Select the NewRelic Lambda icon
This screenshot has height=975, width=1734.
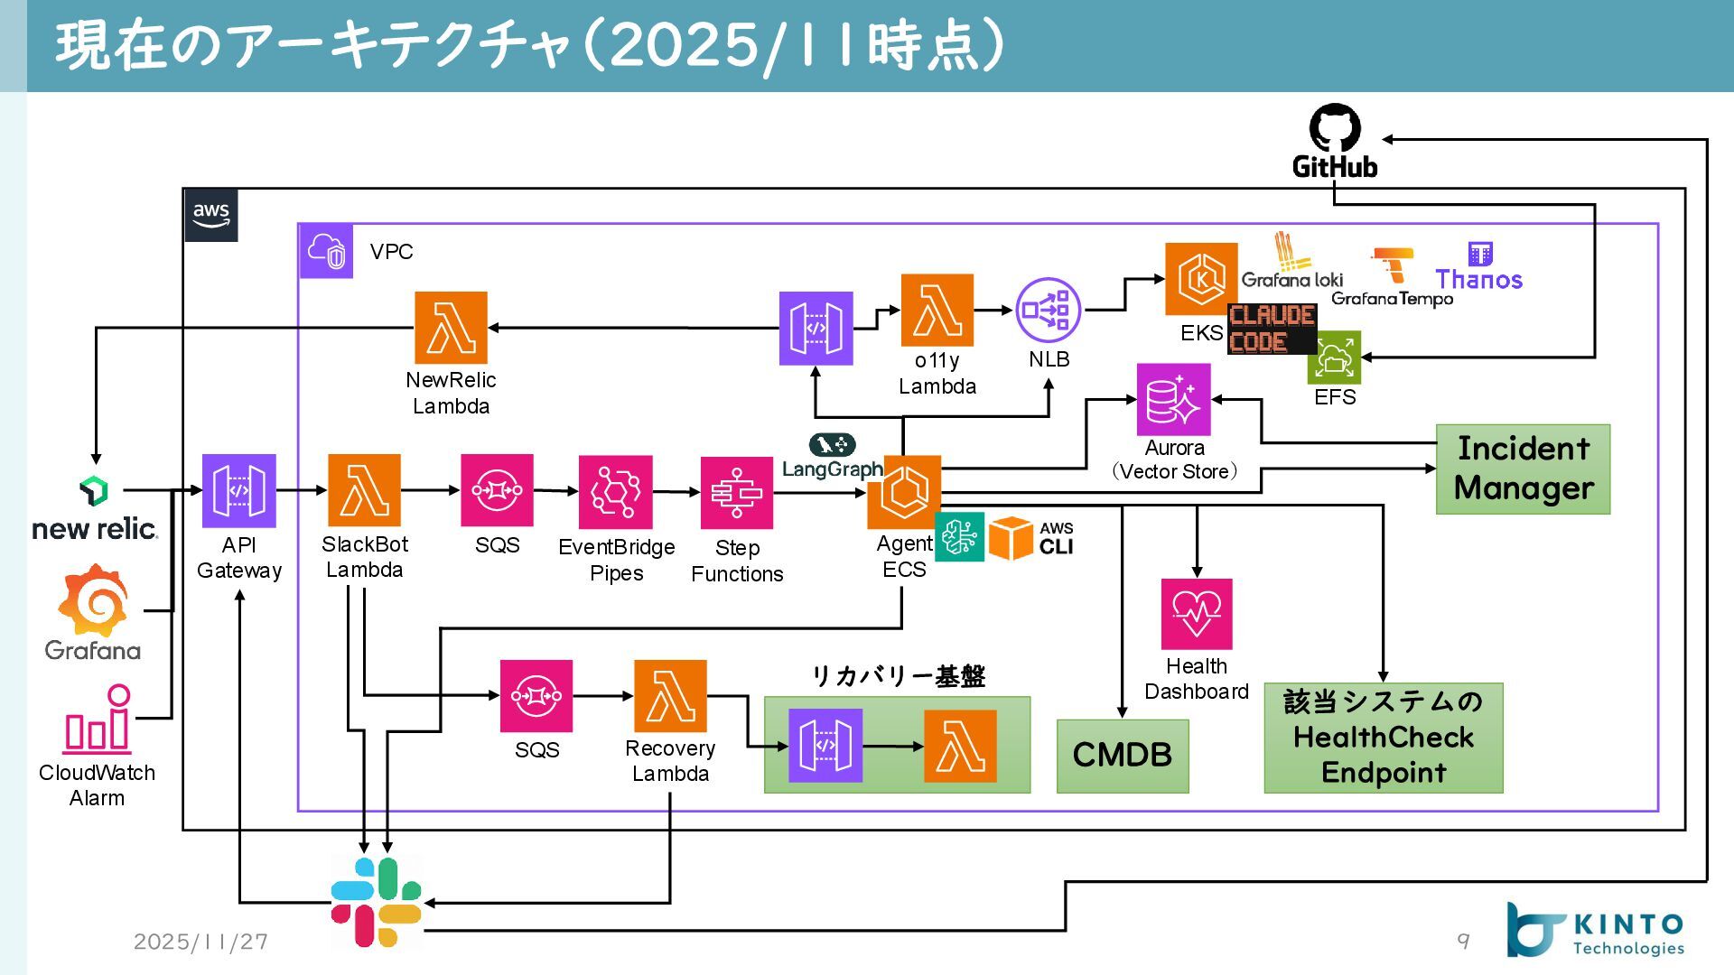click(x=451, y=328)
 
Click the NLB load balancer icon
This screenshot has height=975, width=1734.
click(x=1048, y=311)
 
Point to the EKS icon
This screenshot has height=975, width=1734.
click(x=1201, y=279)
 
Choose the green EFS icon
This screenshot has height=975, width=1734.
click(x=1334, y=357)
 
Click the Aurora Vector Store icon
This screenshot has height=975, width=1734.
click(x=1173, y=400)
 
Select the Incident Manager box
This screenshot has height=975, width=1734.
click(x=1523, y=469)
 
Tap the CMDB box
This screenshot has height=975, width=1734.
click(x=1123, y=756)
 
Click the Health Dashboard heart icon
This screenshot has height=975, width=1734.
click(x=1197, y=614)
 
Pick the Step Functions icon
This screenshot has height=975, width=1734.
click(x=737, y=493)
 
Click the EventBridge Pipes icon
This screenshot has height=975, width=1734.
click(x=615, y=492)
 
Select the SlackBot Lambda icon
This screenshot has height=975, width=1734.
click(x=364, y=490)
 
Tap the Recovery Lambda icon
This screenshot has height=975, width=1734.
click(x=670, y=696)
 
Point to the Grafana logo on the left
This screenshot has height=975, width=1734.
click(x=94, y=601)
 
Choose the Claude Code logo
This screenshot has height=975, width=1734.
click(x=1272, y=329)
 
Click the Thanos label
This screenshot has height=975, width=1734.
click(x=1479, y=280)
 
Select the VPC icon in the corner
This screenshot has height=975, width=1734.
click(x=326, y=251)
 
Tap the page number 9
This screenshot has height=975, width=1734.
click(x=1463, y=941)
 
